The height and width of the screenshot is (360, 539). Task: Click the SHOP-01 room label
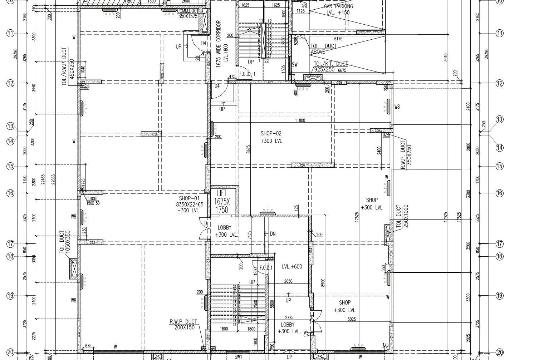point(189,204)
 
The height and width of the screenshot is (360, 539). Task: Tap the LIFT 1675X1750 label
point(222,202)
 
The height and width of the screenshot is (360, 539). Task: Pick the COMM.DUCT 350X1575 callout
point(187,14)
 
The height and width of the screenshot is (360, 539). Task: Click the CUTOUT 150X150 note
point(92,201)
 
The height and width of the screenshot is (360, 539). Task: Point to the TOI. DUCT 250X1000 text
point(402,217)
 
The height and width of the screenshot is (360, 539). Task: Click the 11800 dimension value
point(300,120)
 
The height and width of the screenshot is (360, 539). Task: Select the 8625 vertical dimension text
point(248,149)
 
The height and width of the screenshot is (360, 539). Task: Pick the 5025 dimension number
point(352,319)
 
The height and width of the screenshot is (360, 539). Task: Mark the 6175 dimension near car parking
point(338,39)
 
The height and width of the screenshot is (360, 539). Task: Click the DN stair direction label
point(273,234)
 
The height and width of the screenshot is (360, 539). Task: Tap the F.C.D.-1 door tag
point(247,74)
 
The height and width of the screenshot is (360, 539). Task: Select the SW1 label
point(239,356)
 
